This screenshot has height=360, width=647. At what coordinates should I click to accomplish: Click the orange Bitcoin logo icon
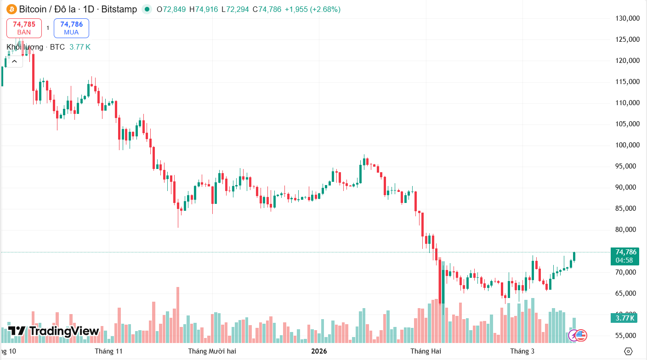coord(11,9)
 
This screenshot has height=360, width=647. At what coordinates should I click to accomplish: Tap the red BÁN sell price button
coord(24,28)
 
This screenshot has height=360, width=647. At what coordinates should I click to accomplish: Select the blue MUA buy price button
coord(71,28)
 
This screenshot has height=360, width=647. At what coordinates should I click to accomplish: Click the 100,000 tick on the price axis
coord(627,145)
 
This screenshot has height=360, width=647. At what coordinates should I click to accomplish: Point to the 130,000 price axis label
coord(627,18)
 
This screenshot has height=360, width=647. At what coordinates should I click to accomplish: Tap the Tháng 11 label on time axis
coord(109,351)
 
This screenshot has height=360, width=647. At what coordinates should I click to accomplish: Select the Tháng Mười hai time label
coord(212,351)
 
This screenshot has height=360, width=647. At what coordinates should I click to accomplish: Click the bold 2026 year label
coord(319,351)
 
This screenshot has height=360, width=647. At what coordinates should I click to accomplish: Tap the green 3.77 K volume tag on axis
coord(625,318)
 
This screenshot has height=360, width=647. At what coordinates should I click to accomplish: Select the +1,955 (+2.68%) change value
coord(312,9)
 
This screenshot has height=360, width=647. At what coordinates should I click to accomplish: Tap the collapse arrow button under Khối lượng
coord(14,61)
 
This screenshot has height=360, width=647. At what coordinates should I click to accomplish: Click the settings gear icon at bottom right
coord(628,351)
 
